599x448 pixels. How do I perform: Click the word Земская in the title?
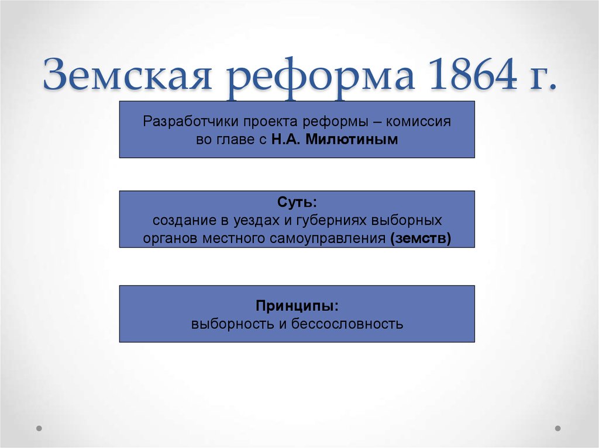pos(127,74)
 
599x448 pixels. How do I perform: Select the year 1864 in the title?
pos(473,74)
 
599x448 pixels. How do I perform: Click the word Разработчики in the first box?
pos(191,121)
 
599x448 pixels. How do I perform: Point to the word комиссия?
pos(418,121)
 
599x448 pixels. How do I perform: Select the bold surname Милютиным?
pos(352,139)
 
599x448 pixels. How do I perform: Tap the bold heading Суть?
pos(297,202)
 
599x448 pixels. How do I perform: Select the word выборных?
pos(407,221)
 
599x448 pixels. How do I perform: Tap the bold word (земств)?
pos(421,239)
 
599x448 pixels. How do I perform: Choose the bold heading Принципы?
pos(297,306)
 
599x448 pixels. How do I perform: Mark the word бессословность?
pos(347,324)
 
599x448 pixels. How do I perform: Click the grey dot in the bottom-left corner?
pos(39,428)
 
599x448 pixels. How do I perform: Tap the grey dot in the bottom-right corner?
pos(557,428)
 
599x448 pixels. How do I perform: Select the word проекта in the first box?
pos(270,122)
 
